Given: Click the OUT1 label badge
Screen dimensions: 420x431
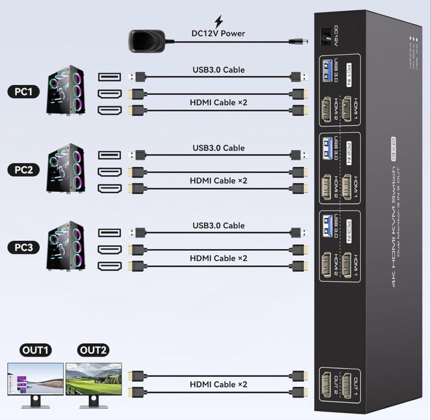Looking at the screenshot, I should coord(36,350).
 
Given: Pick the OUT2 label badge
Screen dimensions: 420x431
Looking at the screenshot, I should coord(93,350).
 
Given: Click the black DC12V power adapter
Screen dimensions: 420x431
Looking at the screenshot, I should coord(146,41).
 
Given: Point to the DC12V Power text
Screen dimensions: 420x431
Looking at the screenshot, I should coord(218,34).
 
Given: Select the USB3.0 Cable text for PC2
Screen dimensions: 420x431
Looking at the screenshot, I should coord(218,148).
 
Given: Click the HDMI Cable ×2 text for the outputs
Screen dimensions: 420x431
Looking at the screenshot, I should coord(218,384).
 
